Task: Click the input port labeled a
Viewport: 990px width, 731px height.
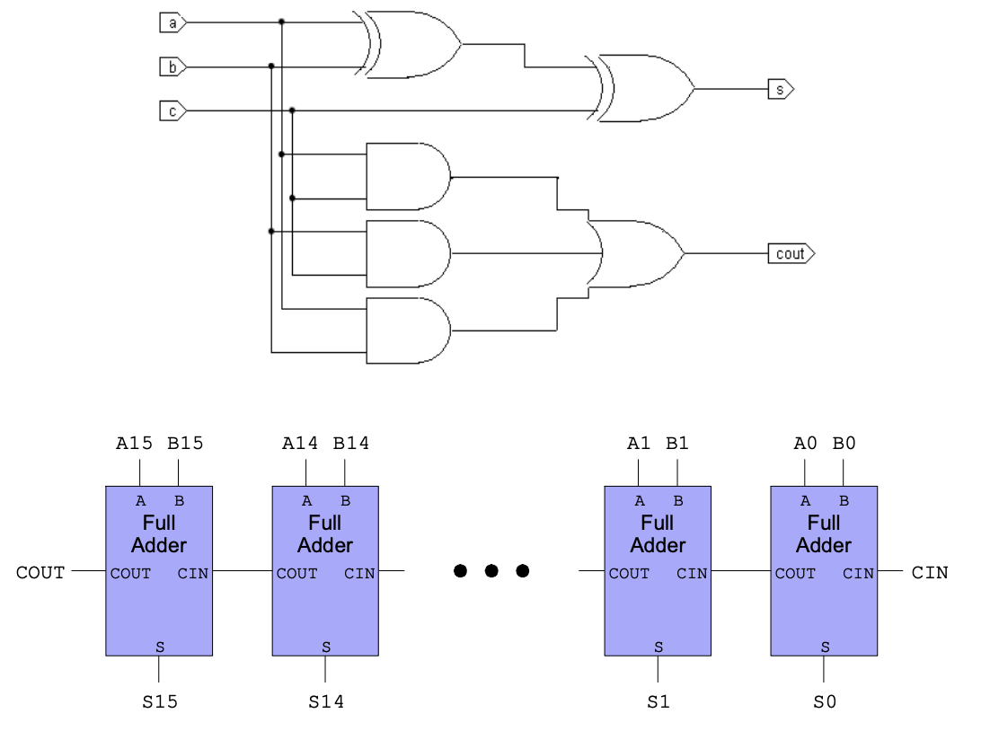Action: click(x=172, y=23)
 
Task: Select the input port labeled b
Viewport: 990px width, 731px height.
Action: click(x=172, y=67)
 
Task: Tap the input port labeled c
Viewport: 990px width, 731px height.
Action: click(x=172, y=111)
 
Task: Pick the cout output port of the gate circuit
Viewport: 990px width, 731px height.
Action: click(x=791, y=254)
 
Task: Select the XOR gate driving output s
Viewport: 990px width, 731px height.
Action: click(x=642, y=88)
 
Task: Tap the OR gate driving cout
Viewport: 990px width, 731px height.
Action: click(x=634, y=254)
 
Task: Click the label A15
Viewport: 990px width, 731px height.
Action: click(x=135, y=443)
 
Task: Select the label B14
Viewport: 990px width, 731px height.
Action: click(x=351, y=443)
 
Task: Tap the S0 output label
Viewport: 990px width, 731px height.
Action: click(x=825, y=702)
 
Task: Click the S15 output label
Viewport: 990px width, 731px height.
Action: click(x=160, y=702)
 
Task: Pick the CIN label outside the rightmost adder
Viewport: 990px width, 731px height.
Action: click(x=930, y=572)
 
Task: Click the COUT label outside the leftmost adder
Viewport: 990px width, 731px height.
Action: click(x=40, y=572)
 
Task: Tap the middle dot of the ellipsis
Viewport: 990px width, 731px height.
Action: click(x=491, y=571)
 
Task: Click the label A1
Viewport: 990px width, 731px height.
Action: click(x=639, y=443)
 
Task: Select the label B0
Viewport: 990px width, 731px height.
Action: click(x=844, y=443)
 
